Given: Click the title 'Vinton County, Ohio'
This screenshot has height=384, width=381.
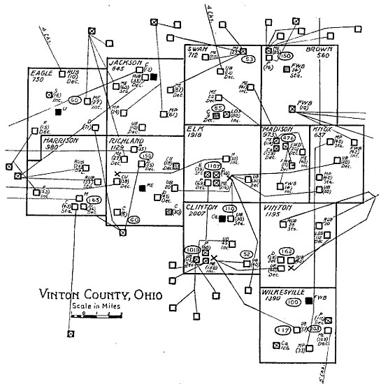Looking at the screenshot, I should click(101, 294).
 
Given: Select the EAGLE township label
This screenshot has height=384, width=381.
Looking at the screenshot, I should click(42, 72).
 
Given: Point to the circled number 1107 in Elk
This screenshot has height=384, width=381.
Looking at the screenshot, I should click(214, 165).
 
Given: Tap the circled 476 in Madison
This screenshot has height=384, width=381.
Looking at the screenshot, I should click(285, 138).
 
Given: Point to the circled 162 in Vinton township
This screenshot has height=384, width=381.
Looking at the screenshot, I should click(285, 251).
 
